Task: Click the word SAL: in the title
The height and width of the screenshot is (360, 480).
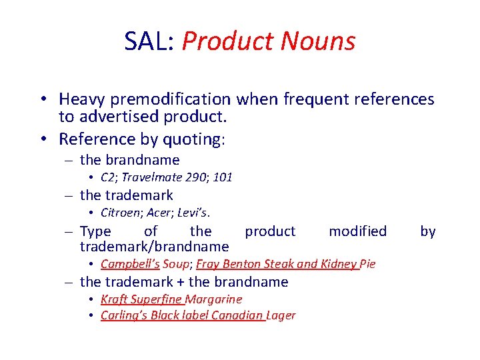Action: [x=149, y=41]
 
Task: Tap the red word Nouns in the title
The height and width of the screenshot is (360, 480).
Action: [x=318, y=41]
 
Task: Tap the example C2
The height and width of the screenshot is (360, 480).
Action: [x=107, y=178]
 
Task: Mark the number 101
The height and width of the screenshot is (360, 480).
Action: [x=223, y=178]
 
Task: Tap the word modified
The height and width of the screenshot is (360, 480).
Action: [x=357, y=231]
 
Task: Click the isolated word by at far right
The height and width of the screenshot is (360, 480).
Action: [x=427, y=231]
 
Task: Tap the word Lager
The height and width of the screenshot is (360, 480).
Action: [x=281, y=315]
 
